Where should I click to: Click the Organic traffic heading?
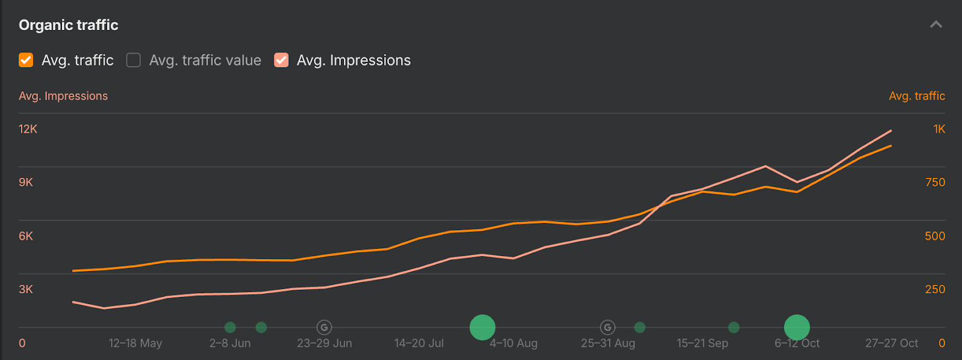[69, 25]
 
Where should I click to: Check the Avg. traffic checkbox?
[26, 60]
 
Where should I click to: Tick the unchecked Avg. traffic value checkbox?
[133, 60]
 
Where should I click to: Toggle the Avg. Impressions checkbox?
[281, 60]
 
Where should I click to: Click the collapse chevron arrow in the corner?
[936, 25]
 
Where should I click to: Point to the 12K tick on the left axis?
[28, 129]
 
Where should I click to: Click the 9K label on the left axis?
[26, 182]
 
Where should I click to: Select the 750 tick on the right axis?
[935, 182]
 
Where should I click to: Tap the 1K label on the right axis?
[939, 129]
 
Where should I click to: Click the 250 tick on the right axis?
[935, 289]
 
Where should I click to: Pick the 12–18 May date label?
[135, 343]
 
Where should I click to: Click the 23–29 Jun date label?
[325, 343]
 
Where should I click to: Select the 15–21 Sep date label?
[702, 343]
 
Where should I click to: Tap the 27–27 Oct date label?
[892, 343]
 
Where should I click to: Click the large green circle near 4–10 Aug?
[482, 328]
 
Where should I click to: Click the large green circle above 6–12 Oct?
[797, 328]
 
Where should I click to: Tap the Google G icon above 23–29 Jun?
[324, 328]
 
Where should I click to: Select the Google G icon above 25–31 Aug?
[608, 328]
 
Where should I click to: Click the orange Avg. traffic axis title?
[916, 96]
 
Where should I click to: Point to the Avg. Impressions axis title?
[63, 96]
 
